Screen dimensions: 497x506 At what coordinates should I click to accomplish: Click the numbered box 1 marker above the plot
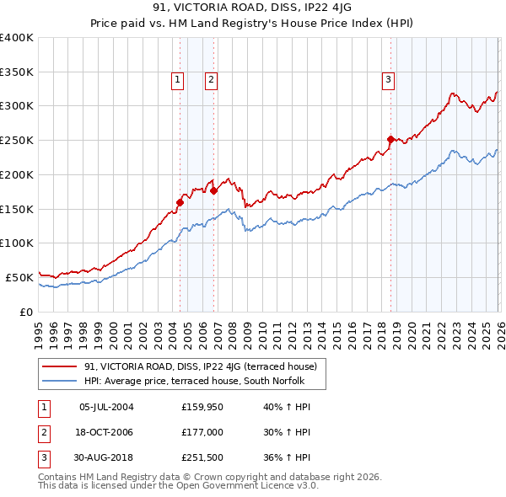click(x=178, y=80)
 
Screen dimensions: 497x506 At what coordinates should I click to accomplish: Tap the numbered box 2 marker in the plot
click(x=211, y=80)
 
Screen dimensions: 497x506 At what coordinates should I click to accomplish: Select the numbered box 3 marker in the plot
click(x=388, y=80)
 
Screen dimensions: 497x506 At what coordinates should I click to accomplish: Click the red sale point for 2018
click(x=390, y=139)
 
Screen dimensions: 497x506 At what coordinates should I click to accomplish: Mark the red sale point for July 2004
click(x=180, y=202)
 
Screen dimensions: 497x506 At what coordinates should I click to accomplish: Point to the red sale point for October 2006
click(x=214, y=190)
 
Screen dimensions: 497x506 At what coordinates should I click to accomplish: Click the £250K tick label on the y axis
click(x=17, y=140)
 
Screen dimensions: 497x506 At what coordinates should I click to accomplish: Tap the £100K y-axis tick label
click(x=17, y=243)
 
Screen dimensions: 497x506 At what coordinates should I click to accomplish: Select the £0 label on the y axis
click(x=25, y=312)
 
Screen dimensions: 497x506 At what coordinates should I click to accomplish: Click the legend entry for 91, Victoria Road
click(x=200, y=366)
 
